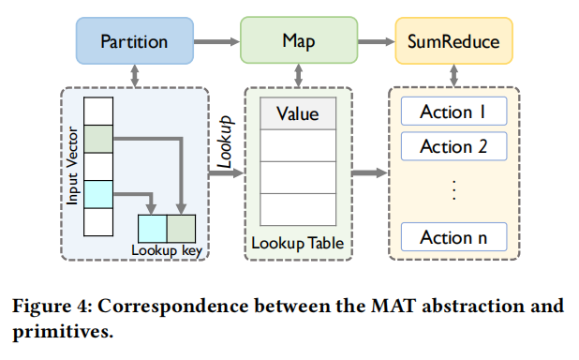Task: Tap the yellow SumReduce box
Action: pyautogui.click(x=454, y=41)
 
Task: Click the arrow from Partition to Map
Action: pyautogui.click(x=216, y=41)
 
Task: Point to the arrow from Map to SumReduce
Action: pyautogui.click(x=374, y=41)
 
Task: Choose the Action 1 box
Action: pyautogui.click(x=453, y=112)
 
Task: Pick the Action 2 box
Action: pyautogui.click(x=453, y=146)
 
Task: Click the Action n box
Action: pyautogui.click(x=453, y=237)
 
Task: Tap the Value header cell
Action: pyautogui.click(x=297, y=114)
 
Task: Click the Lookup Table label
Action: pyautogui.click(x=297, y=244)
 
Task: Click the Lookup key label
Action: pyautogui.click(x=166, y=250)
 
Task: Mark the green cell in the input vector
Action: pyautogui.click(x=98, y=140)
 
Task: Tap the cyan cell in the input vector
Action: pyautogui.click(x=98, y=194)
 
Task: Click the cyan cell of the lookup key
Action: pyautogui.click(x=152, y=229)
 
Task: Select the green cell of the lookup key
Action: pyautogui.click(x=181, y=229)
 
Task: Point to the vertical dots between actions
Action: pyautogui.click(x=453, y=189)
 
